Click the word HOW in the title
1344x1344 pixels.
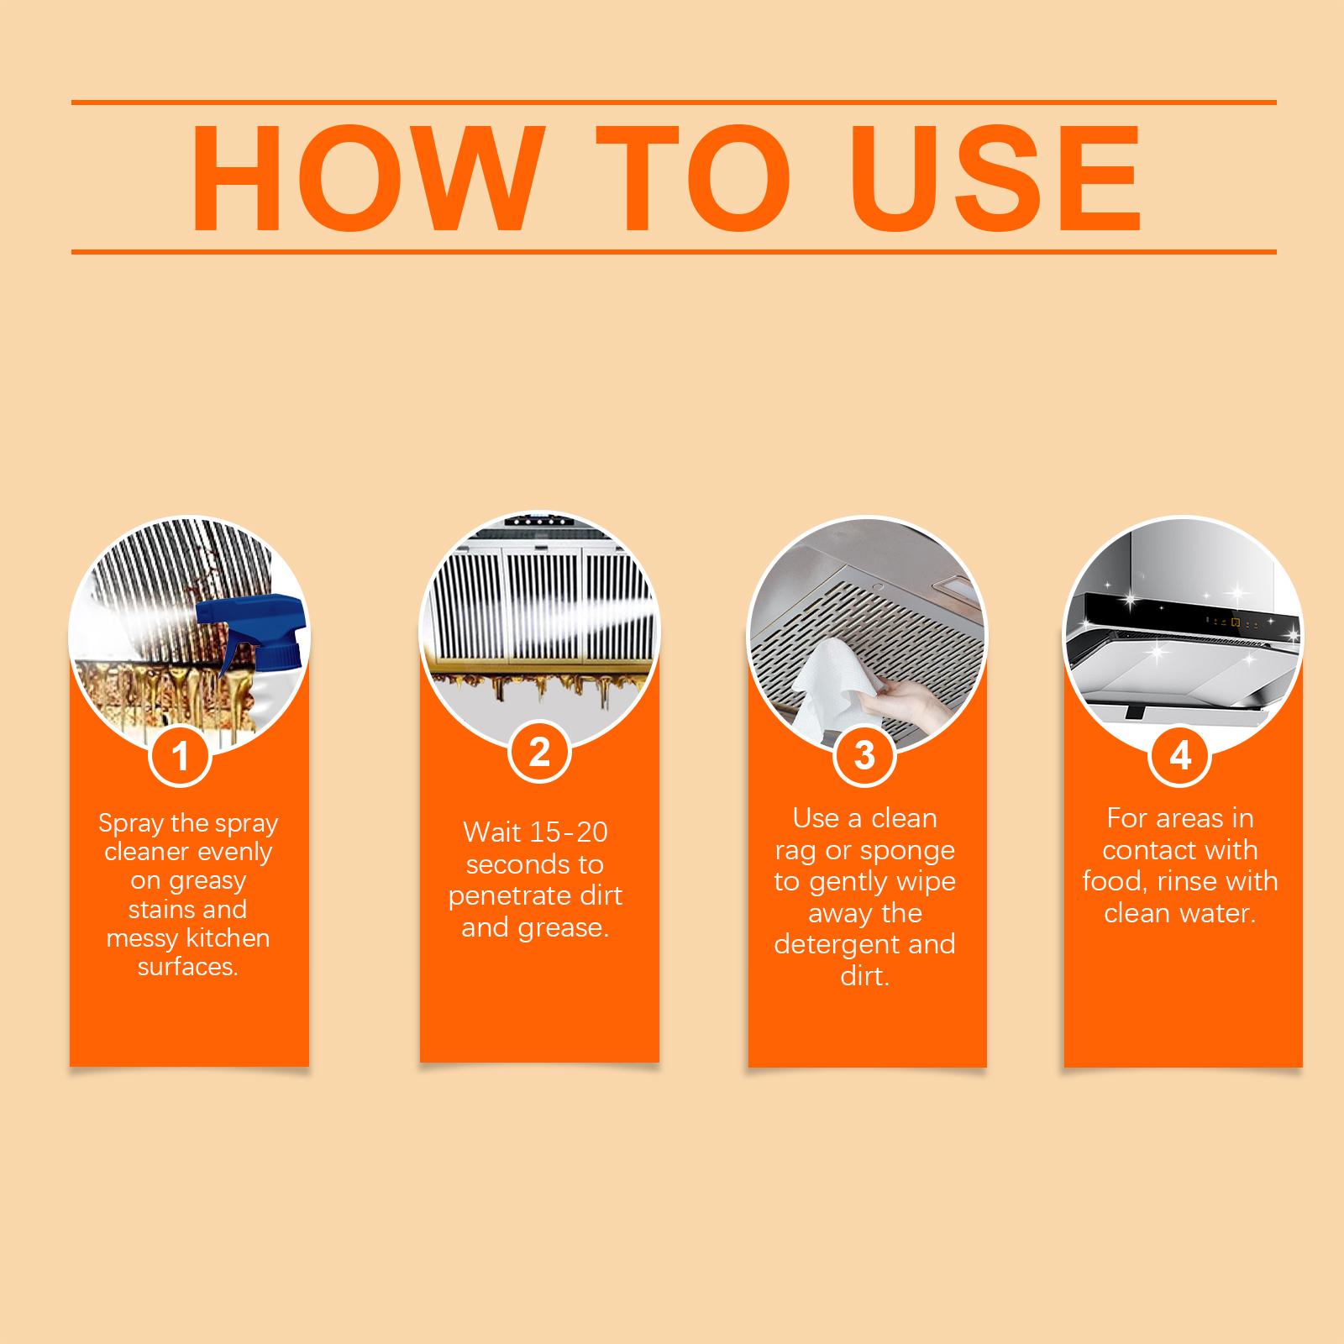pos(365,178)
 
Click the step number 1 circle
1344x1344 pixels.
pos(180,755)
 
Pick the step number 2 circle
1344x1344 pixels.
pos(539,753)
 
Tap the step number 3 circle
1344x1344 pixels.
pos(864,755)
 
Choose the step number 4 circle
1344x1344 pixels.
pos(1180,755)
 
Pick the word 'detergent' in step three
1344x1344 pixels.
pos(828,945)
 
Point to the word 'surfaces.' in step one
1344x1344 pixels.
pos(188,967)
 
